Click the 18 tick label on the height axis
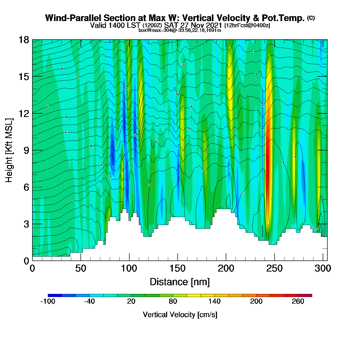click(23, 40)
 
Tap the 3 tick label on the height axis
click(26, 224)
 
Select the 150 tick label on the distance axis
click(177, 269)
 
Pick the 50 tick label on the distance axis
click(80, 269)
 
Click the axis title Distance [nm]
click(180, 282)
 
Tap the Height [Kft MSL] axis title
click(9, 150)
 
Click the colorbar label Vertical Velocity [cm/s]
click(180, 315)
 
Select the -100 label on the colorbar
click(48, 301)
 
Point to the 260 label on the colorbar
click(298, 301)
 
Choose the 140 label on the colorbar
click(214, 301)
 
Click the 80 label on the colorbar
click(173, 301)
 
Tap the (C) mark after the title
click(311, 18)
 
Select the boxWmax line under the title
click(180, 30)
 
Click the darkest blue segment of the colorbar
click(55, 295)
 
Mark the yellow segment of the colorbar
click(194, 295)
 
